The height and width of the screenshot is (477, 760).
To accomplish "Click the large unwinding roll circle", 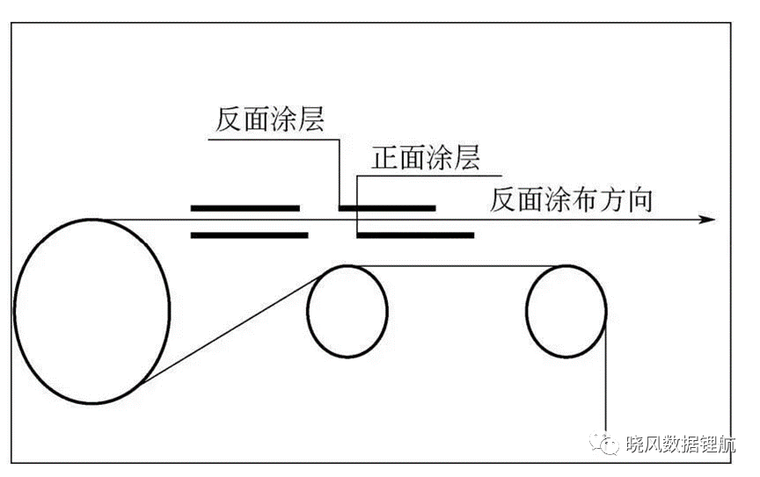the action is click(15, 310).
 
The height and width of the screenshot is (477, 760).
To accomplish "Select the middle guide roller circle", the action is click(307, 311).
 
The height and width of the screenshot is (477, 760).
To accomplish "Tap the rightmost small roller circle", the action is click(526, 311).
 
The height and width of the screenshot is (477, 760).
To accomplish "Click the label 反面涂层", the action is click(269, 119).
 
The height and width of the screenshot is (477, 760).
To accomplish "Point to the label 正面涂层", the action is click(426, 157).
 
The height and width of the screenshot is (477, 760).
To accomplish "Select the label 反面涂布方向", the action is click(571, 199).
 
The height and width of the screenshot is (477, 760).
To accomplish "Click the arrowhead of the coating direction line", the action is click(708, 220).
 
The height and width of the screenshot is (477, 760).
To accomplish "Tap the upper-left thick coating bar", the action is click(245, 208).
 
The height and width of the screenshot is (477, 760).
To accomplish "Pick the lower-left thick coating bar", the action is click(250, 235).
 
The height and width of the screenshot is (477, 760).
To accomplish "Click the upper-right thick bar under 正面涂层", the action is click(387, 208).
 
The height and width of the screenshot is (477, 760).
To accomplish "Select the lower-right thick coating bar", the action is click(415, 235).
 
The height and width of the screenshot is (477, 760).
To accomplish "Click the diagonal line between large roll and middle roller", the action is click(231, 330).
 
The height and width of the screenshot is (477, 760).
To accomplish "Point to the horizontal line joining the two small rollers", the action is click(457, 266).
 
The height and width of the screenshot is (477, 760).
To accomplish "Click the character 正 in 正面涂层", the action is click(385, 158).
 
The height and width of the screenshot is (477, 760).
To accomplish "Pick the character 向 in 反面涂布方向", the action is click(639, 199).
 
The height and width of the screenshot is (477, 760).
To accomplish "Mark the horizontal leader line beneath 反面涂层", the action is click(274, 140).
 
